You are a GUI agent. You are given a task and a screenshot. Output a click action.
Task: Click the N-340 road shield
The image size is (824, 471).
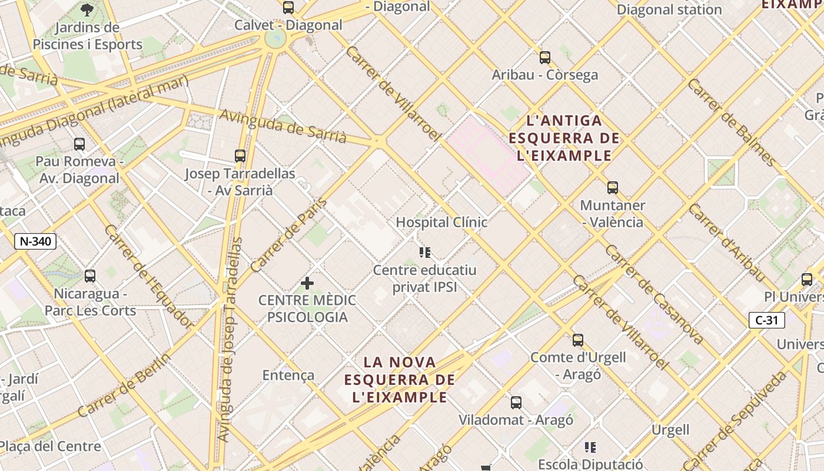click(35, 241)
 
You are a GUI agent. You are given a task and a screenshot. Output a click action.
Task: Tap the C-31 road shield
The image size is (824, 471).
click(766, 320)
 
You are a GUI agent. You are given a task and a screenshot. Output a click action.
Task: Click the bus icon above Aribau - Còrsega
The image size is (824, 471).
click(545, 58)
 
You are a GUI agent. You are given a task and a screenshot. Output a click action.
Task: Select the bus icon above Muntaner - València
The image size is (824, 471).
click(613, 188)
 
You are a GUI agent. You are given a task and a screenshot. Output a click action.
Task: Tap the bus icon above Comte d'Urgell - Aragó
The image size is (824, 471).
click(578, 340)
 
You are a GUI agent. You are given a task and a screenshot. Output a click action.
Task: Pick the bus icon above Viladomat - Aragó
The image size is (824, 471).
click(516, 403)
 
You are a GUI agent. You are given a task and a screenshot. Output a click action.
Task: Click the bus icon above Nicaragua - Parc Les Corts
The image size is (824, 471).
click(90, 276)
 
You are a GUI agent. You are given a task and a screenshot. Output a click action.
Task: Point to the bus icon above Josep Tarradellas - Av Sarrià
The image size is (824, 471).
click(240, 156)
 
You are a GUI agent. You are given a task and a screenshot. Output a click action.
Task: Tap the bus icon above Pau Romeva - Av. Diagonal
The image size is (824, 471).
click(79, 144)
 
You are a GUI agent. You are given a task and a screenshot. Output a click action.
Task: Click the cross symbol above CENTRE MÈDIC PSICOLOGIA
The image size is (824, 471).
click(307, 283)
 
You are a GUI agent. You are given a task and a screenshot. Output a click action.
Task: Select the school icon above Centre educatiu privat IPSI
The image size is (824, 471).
click(425, 253)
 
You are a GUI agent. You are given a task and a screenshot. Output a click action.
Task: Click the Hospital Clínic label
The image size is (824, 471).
click(441, 222)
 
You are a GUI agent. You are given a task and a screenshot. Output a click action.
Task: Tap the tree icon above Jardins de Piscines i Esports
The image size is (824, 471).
click(87, 9)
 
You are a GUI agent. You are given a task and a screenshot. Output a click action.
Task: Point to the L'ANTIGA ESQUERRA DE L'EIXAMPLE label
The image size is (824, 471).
click(564, 138)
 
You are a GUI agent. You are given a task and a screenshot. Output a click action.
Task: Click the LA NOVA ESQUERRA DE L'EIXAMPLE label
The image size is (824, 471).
click(400, 380)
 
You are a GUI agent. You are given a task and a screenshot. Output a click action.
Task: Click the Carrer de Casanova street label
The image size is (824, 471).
click(653, 294)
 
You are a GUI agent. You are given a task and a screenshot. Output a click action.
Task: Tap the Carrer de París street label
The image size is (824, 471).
click(288, 234)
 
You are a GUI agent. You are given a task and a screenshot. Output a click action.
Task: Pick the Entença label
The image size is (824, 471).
click(288, 375)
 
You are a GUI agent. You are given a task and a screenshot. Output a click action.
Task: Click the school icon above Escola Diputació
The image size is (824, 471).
click(590, 447)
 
